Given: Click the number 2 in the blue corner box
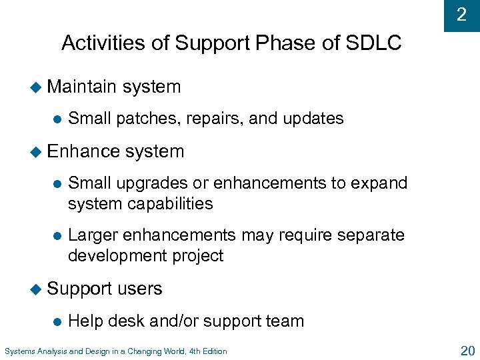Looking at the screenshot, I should tap(461, 14).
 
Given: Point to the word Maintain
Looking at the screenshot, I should tap(82, 87).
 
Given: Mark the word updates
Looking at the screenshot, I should tap(313, 119).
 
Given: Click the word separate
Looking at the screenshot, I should tap(371, 235).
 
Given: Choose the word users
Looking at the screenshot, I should tap(140, 289).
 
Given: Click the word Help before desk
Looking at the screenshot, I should tap(85, 321).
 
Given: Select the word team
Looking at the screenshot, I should tap(285, 321).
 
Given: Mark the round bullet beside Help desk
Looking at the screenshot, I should tap(57, 321).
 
